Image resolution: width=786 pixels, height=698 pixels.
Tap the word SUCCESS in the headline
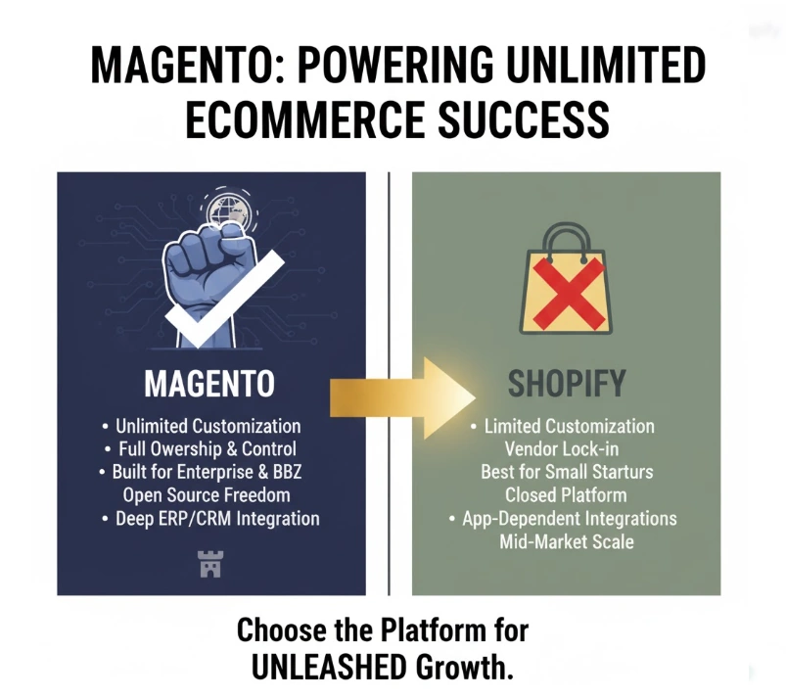pyautogui.click(x=524, y=119)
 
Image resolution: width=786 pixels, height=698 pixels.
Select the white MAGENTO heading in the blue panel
pyautogui.click(x=209, y=384)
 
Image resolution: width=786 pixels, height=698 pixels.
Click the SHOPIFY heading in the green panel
pyautogui.click(x=567, y=384)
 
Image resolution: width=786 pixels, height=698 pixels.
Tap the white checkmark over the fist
pyautogui.click(x=224, y=299)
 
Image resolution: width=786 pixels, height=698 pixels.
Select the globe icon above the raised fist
pyautogui.click(x=229, y=209)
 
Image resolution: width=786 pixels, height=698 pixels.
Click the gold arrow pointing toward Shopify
pyautogui.click(x=402, y=398)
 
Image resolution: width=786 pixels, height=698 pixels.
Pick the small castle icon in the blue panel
pyautogui.click(x=210, y=564)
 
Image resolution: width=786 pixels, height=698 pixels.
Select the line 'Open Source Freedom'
pyautogui.click(x=207, y=495)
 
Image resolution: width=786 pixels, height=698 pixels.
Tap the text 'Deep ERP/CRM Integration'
pyautogui.click(x=217, y=519)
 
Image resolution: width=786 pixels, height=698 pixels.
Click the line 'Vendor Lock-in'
pyautogui.click(x=562, y=448)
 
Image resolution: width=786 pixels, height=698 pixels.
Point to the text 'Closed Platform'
pyautogui.click(x=566, y=495)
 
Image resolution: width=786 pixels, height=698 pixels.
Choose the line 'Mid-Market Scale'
pyautogui.click(x=567, y=541)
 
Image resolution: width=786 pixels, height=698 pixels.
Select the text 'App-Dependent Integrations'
pyautogui.click(x=570, y=519)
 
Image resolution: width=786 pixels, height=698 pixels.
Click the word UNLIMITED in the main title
pyautogui.click(x=606, y=65)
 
